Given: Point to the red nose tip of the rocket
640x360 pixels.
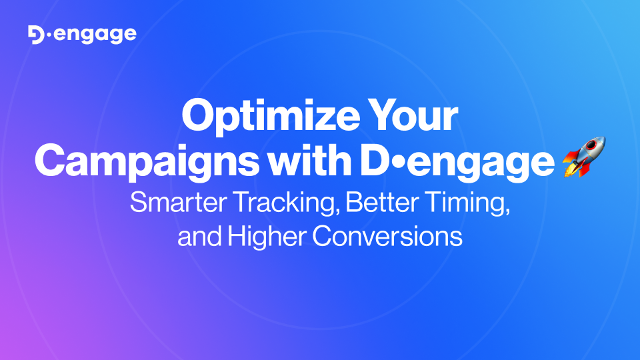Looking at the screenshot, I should (x=601, y=140).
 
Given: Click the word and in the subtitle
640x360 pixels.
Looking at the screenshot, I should (x=198, y=237).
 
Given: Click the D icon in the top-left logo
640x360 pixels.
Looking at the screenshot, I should (x=37, y=35).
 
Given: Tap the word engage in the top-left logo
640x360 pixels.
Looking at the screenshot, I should (x=94, y=35).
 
